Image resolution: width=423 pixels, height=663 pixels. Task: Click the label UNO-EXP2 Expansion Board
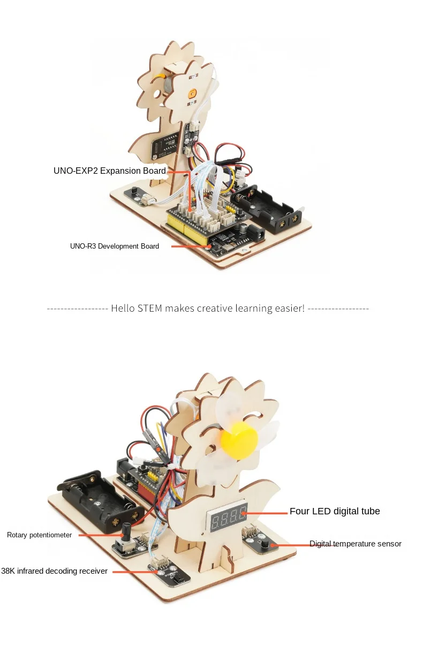click(109, 171)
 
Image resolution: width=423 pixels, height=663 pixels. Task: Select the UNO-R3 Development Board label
click(114, 246)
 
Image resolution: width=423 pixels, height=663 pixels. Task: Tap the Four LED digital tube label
click(335, 512)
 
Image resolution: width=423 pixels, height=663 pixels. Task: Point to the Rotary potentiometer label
click(39, 535)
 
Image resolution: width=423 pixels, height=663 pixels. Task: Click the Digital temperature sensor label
click(355, 544)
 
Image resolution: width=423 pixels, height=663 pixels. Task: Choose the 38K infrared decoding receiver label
click(54, 572)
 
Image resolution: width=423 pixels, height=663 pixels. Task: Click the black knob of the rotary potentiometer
click(127, 532)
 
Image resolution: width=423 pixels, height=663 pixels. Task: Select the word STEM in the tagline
click(150, 309)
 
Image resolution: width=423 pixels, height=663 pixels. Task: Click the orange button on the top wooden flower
click(192, 94)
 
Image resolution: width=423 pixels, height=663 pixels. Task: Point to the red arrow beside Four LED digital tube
click(266, 513)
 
